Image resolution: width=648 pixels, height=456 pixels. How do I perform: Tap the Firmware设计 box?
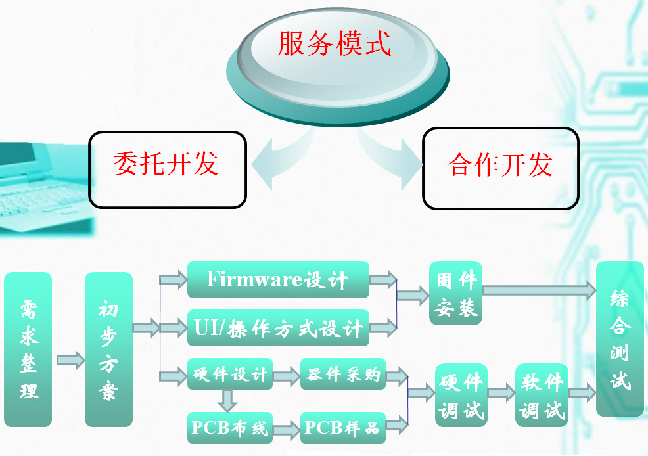point(277,279)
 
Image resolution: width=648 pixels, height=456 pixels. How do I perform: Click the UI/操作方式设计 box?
point(278,327)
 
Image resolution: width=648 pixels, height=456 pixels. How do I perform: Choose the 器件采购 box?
point(342,375)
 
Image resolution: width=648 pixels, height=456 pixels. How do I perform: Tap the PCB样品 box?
point(342,428)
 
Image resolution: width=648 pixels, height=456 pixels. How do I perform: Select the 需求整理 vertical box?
point(28,349)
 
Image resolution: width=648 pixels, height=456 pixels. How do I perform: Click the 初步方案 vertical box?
point(108,349)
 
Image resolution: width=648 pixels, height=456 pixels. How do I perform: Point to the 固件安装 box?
point(456,293)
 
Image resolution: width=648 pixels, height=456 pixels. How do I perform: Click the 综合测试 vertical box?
point(619,338)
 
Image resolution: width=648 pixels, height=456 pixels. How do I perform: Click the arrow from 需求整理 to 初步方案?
point(70,359)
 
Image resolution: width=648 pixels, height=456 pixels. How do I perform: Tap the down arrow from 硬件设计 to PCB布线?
point(228,399)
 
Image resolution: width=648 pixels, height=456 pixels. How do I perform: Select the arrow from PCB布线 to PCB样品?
point(285,430)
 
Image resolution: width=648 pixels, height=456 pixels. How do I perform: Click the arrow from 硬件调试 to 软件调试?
point(501,393)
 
